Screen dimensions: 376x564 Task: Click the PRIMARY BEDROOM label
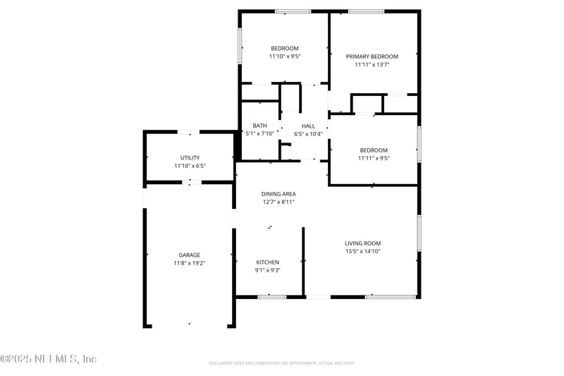point(372,56)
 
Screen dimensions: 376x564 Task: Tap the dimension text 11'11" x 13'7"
point(372,64)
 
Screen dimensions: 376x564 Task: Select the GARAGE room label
point(189,255)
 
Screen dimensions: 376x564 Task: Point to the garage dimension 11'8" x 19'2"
point(189,263)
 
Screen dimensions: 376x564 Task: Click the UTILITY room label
point(189,157)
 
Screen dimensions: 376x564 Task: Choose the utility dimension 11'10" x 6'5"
point(189,166)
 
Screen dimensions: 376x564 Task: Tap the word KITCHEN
point(267,262)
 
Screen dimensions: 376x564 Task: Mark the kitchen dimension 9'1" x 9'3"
point(267,270)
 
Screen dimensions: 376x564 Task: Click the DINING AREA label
point(278,193)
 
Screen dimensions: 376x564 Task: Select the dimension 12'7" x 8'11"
point(278,202)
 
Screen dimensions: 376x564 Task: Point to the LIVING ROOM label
point(363,243)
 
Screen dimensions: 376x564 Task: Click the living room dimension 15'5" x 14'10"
point(363,252)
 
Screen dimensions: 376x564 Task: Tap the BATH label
point(259,126)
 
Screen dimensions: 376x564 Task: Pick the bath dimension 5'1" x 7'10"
point(259,133)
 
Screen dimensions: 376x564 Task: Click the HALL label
point(308,126)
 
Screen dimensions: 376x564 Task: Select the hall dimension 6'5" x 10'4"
point(308,133)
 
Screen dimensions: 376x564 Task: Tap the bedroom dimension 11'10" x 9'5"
point(285,56)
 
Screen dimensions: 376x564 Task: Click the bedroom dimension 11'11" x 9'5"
point(374,158)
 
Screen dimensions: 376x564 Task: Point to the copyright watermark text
point(49,359)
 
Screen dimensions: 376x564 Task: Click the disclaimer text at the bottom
point(281,363)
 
